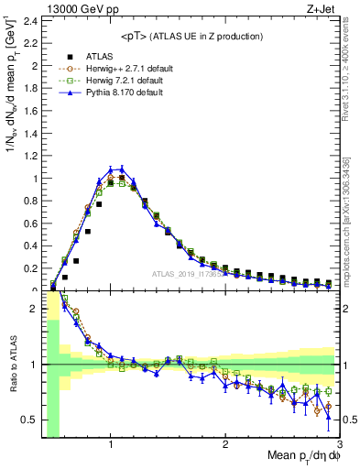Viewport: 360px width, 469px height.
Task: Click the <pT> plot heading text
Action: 191,37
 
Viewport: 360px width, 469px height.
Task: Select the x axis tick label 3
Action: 338,444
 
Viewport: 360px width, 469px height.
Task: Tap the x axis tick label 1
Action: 111,444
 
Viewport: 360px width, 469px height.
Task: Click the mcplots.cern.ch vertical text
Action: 351,229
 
